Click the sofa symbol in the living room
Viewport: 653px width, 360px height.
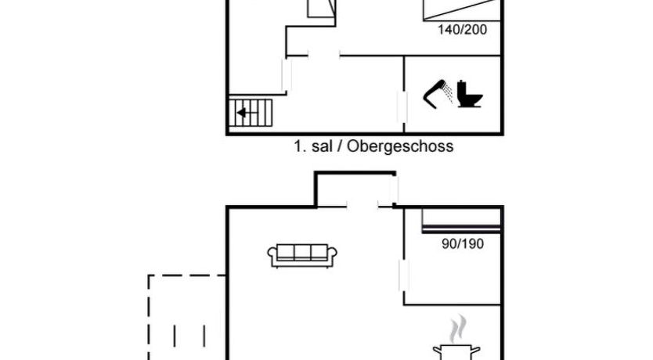tap(302, 254)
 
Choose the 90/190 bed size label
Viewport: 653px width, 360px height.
tap(463, 243)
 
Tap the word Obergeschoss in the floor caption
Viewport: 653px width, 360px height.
tap(401, 146)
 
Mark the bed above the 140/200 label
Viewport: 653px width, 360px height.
tap(460, 9)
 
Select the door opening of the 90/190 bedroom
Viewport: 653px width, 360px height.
tap(404, 278)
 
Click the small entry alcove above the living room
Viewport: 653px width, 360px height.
tap(355, 189)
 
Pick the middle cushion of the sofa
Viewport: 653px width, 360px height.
tap(302, 253)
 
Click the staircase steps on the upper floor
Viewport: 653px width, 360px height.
tap(252, 113)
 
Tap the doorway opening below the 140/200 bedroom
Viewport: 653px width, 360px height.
tap(323, 55)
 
